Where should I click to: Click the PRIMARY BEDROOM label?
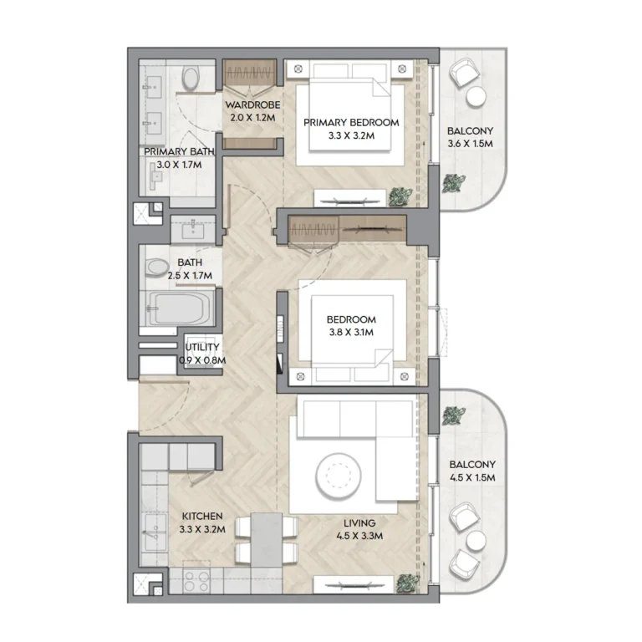351,122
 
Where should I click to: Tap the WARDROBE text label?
252,105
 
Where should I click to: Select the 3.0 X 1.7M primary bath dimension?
179,165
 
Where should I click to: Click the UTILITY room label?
202,347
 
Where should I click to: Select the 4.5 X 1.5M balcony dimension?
472,478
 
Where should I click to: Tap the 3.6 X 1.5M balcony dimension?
469,144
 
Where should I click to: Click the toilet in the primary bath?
191,80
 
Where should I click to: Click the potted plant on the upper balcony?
456,182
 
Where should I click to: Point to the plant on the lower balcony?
455,415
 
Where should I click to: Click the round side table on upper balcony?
476,98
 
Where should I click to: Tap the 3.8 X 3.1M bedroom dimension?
351,332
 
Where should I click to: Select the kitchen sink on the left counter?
152,532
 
